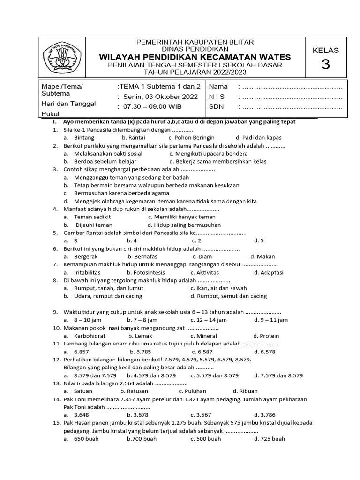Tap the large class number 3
point(325,65)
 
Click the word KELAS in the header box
point(325,50)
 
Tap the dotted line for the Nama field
point(291,87)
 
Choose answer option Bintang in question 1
point(84,138)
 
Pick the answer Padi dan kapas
point(258,138)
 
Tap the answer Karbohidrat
point(90,336)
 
